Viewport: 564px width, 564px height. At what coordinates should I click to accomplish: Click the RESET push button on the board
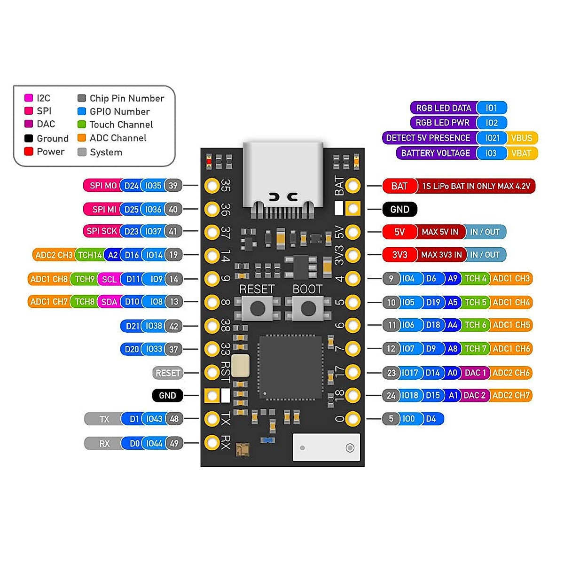pyautogui.click(x=257, y=308)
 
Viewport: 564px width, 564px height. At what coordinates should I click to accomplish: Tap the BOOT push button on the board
pyautogui.click(x=308, y=308)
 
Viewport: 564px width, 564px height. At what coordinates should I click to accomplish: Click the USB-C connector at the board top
pyautogui.click(x=283, y=176)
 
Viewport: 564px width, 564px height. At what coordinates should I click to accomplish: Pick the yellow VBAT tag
pyautogui.click(x=521, y=153)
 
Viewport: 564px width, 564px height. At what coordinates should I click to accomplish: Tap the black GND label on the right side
pyautogui.click(x=399, y=210)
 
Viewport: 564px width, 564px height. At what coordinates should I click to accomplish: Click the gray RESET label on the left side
pyautogui.click(x=168, y=373)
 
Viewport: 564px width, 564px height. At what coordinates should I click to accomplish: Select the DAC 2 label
pyautogui.click(x=474, y=396)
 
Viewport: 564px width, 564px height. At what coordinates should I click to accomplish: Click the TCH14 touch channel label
pyautogui.click(x=89, y=255)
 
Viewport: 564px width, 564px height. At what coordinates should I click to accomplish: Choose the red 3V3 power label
pyautogui.click(x=399, y=255)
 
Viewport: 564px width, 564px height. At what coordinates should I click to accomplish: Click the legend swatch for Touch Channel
pyautogui.click(x=82, y=125)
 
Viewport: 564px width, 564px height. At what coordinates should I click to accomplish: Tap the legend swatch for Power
pyautogui.click(x=29, y=151)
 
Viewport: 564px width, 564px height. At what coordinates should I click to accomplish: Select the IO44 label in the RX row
pyautogui.click(x=154, y=444)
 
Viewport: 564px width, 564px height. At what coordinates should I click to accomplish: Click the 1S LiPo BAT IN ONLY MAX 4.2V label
pyautogui.click(x=476, y=186)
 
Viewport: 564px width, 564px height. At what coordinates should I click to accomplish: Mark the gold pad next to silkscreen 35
pyautogui.click(x=212, y=185)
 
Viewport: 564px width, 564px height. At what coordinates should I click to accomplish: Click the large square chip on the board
pyautogui.click(x=290, y=367)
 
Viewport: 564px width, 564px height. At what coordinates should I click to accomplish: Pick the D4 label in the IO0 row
pyautogui.click(x=431, y=419)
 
